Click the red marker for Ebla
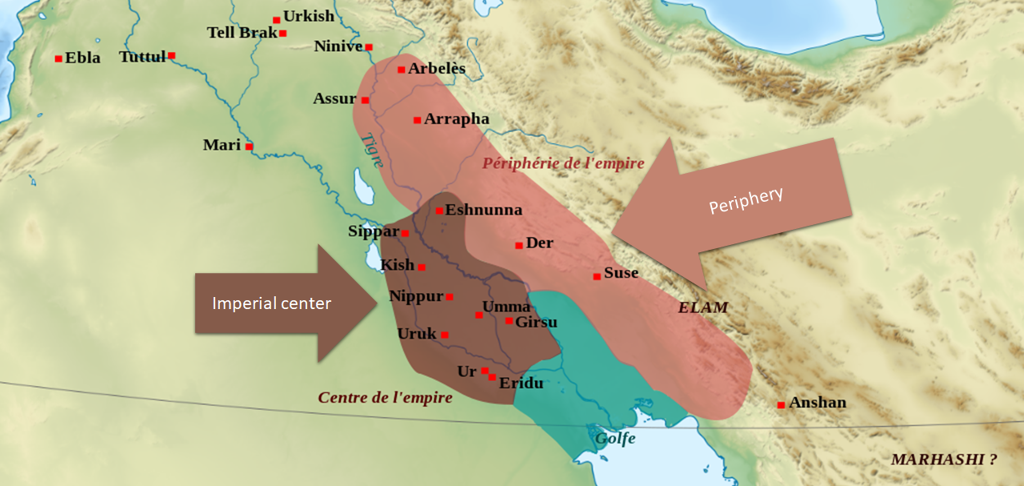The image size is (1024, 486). point(58,58)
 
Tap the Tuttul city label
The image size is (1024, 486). point(142,57)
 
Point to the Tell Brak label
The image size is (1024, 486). point(242,33)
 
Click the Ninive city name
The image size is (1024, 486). point(338,46)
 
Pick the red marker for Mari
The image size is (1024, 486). point(249,147)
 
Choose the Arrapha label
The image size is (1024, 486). point(457,119)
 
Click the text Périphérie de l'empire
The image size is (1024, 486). point(562,163)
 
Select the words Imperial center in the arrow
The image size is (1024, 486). point(271,303)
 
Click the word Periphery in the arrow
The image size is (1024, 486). point(746,201)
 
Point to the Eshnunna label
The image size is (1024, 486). point(483,211)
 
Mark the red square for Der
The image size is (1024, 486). point(519,245)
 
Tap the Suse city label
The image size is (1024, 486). point(622,273)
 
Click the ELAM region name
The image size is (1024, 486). point(703,307)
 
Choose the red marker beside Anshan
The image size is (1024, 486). point(781,405)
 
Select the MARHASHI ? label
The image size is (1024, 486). point(944,460)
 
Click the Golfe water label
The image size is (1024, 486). point(614,438)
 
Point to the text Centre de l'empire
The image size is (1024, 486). point(385,398)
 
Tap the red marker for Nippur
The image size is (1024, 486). point(450,297)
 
